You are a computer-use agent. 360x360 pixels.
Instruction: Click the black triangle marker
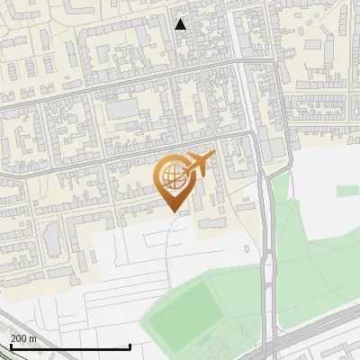[181, 24]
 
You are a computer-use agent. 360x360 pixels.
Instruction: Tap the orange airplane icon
[199, 164]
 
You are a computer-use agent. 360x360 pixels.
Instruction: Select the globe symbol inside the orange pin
[171, 176]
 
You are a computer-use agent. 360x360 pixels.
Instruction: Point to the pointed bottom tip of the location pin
[175, 211]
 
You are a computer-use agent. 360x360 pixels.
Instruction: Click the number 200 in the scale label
[20, 338]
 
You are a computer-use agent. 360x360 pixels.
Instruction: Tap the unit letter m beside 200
[33, 338]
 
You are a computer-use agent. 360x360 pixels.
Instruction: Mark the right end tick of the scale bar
[130, 346]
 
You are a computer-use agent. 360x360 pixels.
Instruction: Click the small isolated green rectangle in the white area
[347, 191]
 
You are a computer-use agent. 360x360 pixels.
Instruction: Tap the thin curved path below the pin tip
[179, 236]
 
